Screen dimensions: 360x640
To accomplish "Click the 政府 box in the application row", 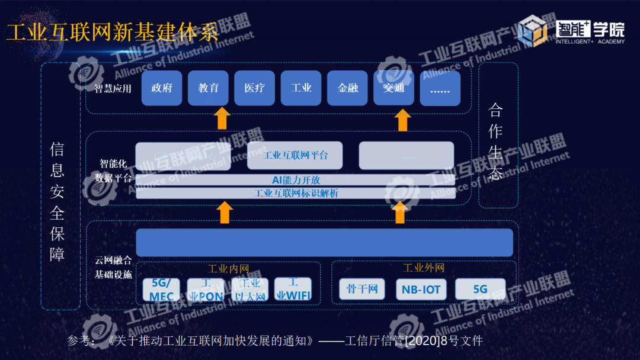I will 162,88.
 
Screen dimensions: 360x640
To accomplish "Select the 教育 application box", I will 209,88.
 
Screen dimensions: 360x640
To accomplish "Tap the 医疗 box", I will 255,88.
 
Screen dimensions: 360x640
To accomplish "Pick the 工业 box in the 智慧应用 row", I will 301,88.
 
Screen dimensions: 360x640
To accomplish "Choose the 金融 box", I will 348,88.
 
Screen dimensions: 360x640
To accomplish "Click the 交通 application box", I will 394,88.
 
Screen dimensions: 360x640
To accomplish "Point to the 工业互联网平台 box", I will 295,156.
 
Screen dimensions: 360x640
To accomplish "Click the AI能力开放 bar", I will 296,180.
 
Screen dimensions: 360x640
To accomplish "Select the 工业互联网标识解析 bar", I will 296,193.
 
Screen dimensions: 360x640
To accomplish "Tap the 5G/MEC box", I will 162,290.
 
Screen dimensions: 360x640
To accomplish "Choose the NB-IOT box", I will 421,290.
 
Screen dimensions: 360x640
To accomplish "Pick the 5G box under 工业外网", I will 480,289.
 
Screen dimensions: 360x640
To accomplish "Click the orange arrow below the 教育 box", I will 222,118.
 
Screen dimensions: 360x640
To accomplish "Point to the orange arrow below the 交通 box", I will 403,120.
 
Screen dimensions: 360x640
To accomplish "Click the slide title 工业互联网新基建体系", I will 113,32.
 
